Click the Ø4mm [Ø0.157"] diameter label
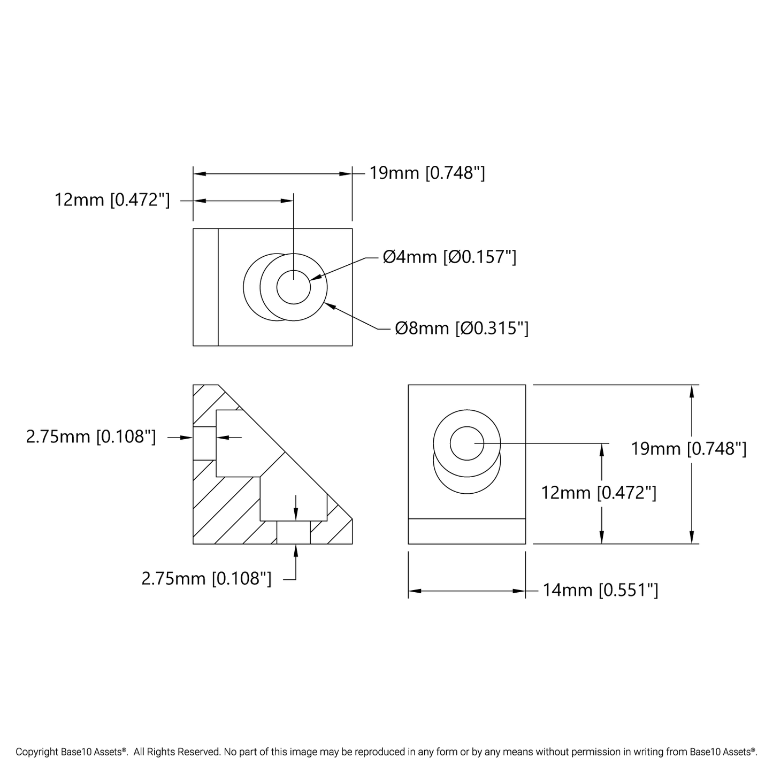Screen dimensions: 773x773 [x=449, y=257]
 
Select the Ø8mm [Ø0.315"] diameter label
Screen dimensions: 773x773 [x=461, y=328]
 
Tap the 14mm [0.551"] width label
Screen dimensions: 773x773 [x=600, y=590]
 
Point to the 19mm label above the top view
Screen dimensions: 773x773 [x=427, y=173]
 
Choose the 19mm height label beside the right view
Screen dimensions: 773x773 [x=688, y=448]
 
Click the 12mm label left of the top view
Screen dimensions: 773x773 [x=112, y=200]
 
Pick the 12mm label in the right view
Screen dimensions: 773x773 [x=598, y=493]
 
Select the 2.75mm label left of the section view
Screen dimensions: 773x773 [x=91, y=437]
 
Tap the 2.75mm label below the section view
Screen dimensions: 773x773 [x=206, y=578]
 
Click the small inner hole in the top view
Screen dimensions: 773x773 [x=293, y=287]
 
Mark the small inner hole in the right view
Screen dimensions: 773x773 [x=466, y=443]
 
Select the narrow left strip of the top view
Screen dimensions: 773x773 [x=205, y=287]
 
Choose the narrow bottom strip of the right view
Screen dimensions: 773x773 [x=466, y=531]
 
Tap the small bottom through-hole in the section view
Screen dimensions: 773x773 [x=293, y=532]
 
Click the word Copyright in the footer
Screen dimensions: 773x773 [x=37, y=752]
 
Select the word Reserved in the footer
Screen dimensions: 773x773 [x=200, y=752]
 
